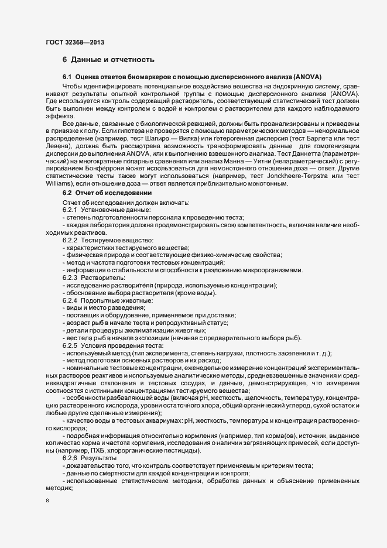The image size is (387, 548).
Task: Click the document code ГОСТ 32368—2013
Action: (x=76, y=42)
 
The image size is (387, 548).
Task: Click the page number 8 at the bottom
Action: (x=47, y=501)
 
